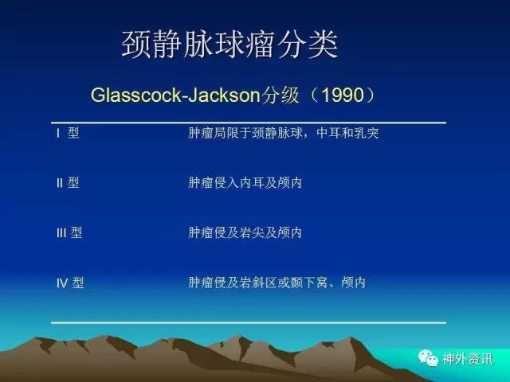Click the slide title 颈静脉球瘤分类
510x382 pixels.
click(230, 45)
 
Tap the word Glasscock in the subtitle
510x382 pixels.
click(135, 95)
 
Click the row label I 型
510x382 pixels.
click(68, 133)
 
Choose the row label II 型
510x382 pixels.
click(68, 183)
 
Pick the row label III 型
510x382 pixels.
click(69, 232)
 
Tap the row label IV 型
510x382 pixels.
click(70, 283)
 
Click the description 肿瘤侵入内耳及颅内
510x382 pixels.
click(245, 183)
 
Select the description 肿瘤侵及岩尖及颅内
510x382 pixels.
click(245, 232)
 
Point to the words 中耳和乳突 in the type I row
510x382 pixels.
click(347, 133)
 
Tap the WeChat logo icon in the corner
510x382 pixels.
click(429, 358)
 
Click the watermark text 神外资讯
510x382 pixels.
click(467, 359)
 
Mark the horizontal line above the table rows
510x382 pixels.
click(249, 123)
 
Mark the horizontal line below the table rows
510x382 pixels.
click(249, 323)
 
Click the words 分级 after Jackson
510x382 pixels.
click(280, 95)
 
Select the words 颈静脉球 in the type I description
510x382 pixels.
click(277, 133)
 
